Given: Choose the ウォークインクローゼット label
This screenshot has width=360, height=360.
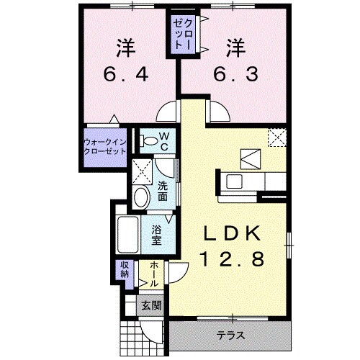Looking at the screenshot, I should pos(105,147).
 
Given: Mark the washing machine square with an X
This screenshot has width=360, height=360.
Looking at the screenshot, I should pos(142,171).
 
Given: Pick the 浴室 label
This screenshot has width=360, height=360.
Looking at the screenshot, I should pos(158,235).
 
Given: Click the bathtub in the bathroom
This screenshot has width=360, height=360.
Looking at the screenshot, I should pos(130,234).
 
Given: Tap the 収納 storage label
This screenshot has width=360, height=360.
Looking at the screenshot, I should pos(123,270).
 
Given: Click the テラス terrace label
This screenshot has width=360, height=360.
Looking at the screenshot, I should pos(230,336).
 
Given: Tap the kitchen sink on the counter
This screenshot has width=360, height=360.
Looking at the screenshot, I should pos(235,180).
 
